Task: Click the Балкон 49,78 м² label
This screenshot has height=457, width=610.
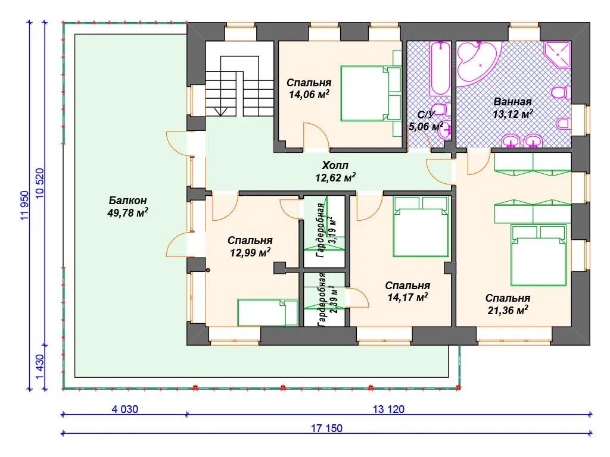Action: [127, 206]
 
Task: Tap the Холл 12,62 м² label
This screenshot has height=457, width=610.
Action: [335, 171]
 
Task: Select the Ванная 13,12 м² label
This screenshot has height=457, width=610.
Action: [512, 108]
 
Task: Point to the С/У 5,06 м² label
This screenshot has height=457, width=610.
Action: [425, 120]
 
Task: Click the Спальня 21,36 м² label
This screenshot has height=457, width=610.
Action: [508, 304]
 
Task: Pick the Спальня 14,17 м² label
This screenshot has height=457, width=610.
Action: [407, 292]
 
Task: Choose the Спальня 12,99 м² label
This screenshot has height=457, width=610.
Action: [250, 246]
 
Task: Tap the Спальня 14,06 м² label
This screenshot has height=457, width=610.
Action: [309, 89]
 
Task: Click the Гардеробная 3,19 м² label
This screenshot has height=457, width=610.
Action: [326, 230]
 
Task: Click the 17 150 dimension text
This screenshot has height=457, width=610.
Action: [326, 428]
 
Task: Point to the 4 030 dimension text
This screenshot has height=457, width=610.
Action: [125, 409]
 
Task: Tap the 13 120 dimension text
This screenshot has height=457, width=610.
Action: [388, 409]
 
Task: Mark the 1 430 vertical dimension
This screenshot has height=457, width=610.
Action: [40, 367]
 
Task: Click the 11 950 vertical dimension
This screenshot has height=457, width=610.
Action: [24, 205]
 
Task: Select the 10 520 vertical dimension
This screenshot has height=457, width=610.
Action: [40, 183]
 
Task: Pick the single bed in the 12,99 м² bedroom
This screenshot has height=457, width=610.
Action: [267, 312]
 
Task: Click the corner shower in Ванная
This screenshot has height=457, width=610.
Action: [558, 54]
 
